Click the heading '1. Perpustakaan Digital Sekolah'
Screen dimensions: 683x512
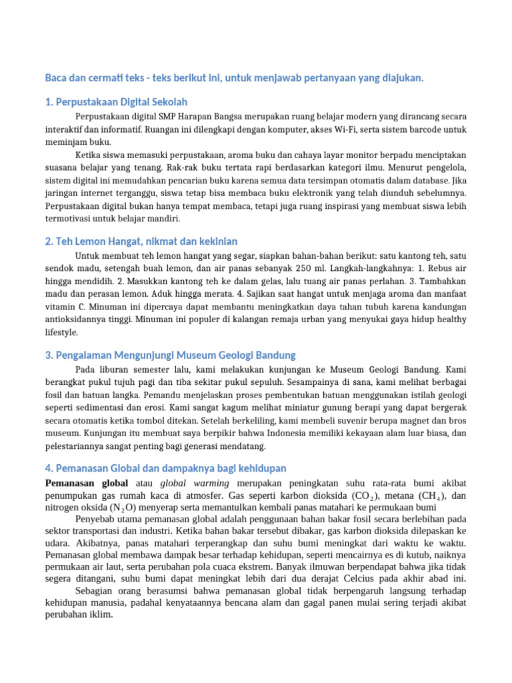(117, 102)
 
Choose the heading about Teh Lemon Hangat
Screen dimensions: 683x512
(141, 241)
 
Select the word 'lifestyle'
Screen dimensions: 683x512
(62, 332)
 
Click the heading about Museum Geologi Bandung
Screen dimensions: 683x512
(171, 355)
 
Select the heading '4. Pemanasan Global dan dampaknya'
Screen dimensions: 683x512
(166, 468)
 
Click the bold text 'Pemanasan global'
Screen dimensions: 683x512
(86, 482)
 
